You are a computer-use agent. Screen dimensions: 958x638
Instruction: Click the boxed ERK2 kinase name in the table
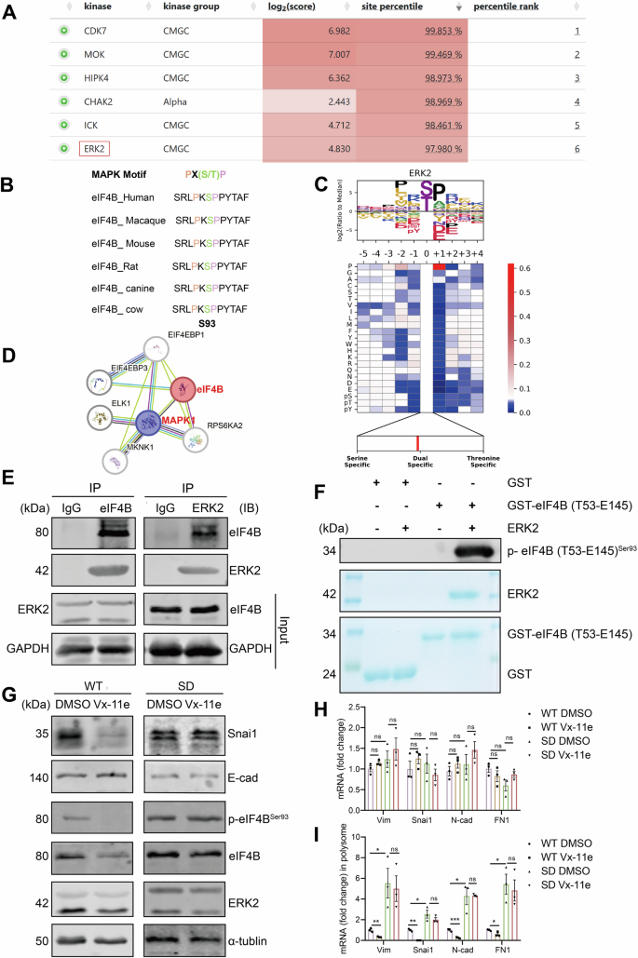(x=95, y=147)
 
